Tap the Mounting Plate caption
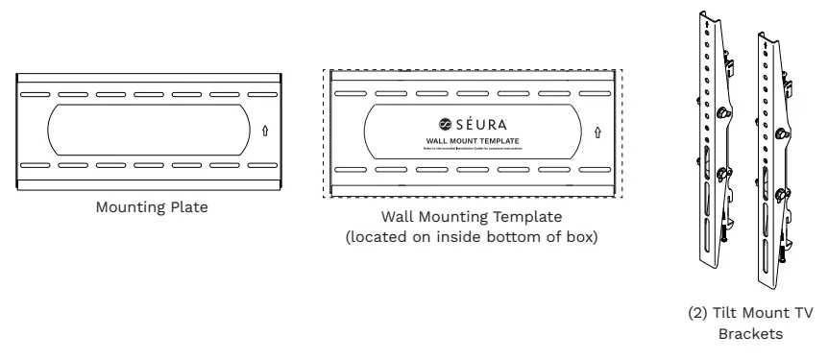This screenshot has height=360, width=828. point(148,204)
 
